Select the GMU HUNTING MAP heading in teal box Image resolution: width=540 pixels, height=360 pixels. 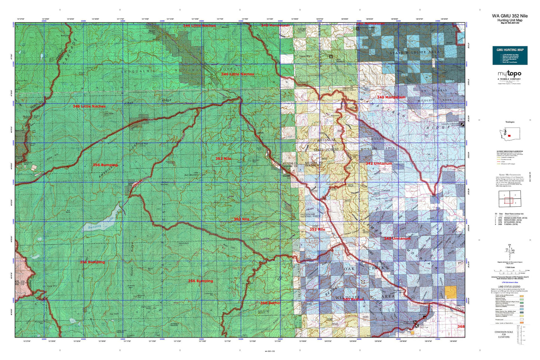click(510, 49)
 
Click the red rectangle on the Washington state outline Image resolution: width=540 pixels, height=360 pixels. click(509, 135)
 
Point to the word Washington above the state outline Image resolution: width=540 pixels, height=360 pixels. click(509, 122)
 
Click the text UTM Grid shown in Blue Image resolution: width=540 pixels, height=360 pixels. click(510, 282)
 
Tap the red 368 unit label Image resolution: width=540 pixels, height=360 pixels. click(461, 326)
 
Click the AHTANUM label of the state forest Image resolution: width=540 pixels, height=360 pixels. click(327, 140)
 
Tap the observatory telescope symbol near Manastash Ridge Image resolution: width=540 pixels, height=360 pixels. click(463, 125)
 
